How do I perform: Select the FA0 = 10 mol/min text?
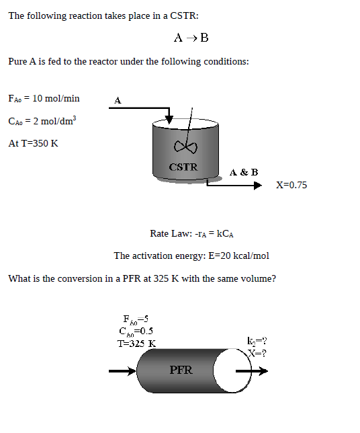pos(44,99)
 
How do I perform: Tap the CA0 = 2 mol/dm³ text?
pos(42,121)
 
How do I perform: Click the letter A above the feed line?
pos(117,100)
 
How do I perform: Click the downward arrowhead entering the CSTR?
pos(169,119)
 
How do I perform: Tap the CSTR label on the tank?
pos(183,167)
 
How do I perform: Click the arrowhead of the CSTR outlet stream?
pos(257,186)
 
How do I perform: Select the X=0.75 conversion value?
pos(291,185)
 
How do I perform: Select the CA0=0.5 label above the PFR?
pos(135,331)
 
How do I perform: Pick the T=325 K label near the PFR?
pos(136,343)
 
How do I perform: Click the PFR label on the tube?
pos(181,370)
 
